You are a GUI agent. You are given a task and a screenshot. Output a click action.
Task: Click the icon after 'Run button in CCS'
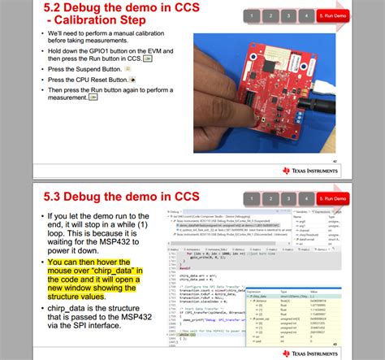coord(147,59)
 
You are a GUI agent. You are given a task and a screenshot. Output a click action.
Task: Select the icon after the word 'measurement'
coord(94,98)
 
